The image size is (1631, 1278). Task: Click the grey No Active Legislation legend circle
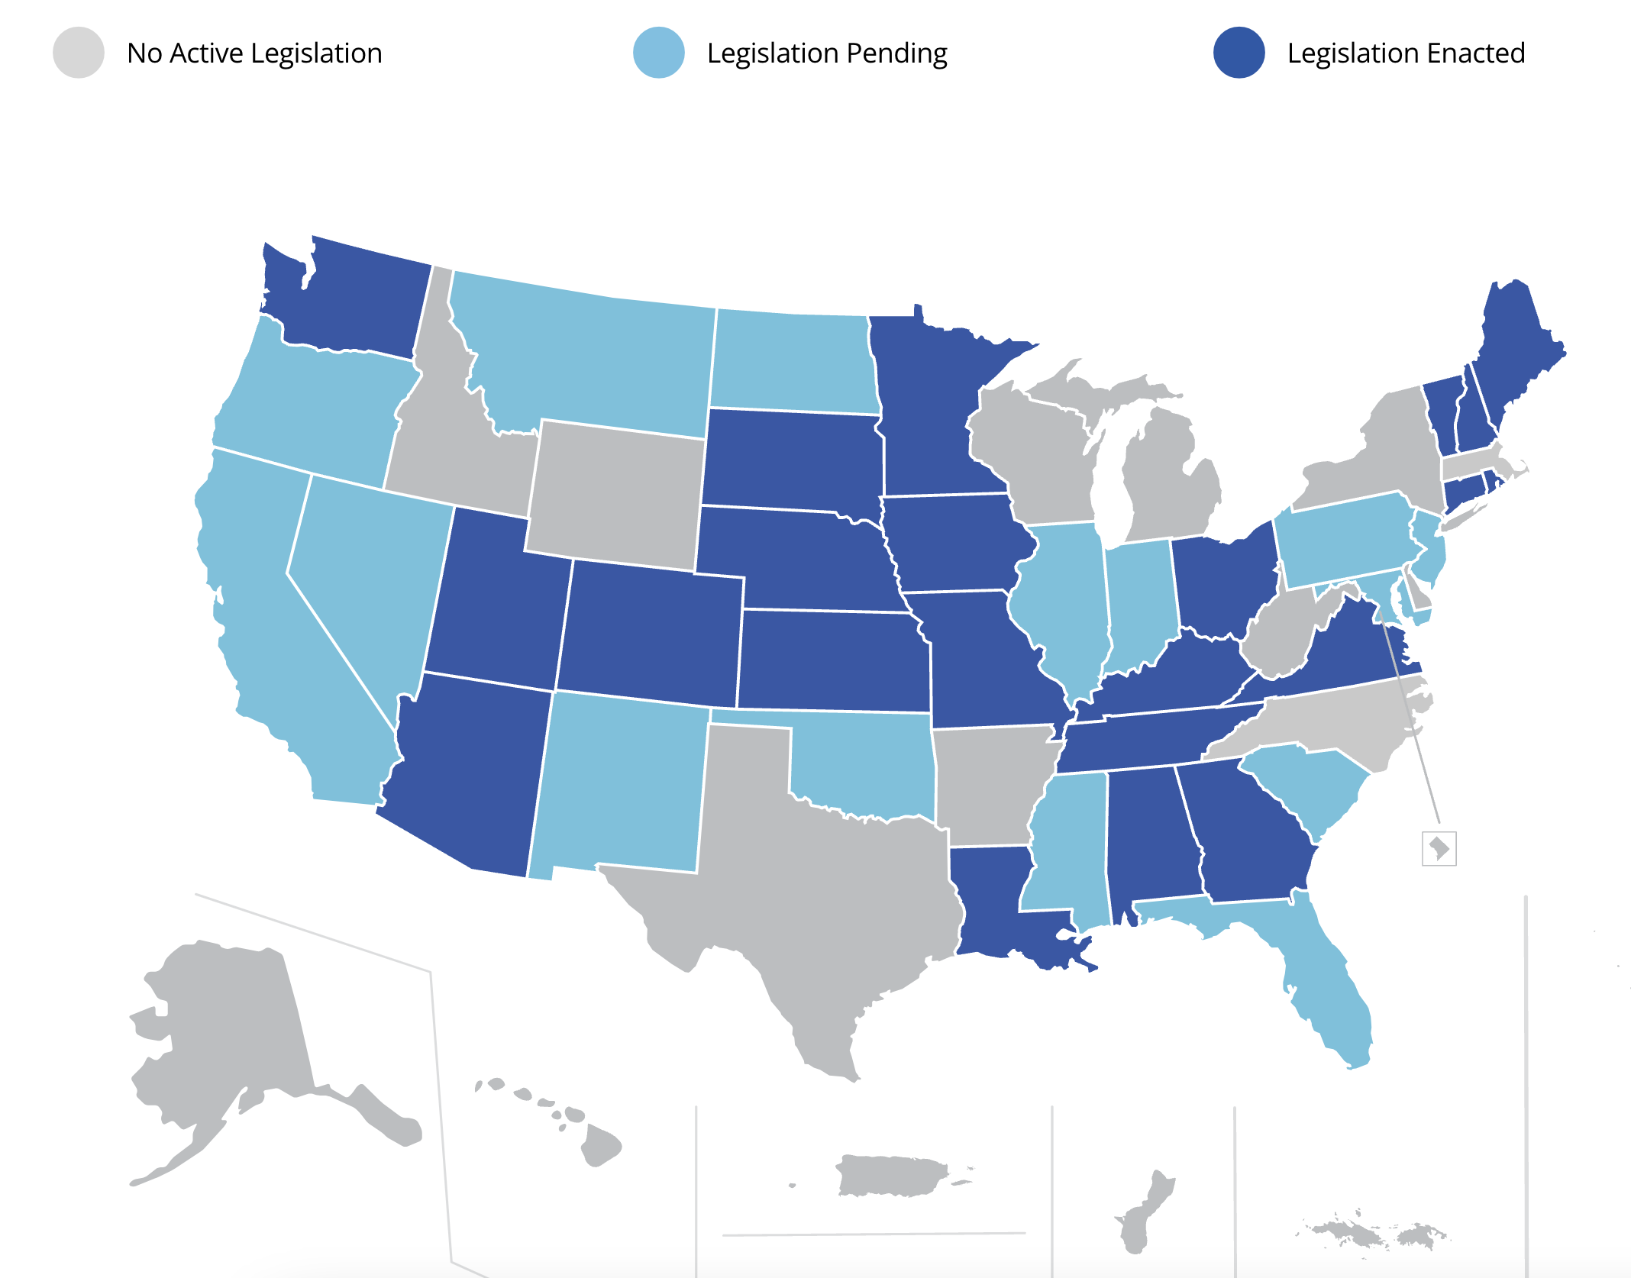[x=79, y=53]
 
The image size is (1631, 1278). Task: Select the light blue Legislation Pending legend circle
[x=659, y=53]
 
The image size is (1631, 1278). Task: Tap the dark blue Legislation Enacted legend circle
[x=1239, y=53]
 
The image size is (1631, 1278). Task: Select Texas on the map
[x=809, y=893]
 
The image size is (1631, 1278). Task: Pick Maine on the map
[x=1516, y=344]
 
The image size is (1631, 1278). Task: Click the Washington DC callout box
[x=1439, y=848]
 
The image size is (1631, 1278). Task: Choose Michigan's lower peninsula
[x=1168, y=489]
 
